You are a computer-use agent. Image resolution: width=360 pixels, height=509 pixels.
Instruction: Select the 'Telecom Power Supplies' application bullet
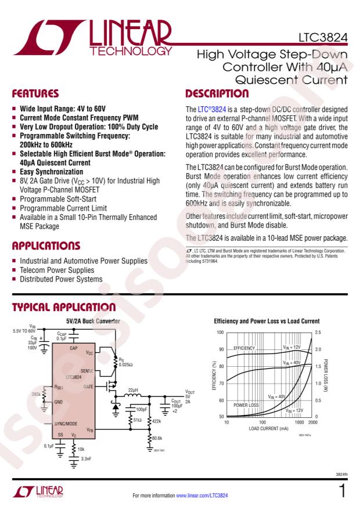point(57,270)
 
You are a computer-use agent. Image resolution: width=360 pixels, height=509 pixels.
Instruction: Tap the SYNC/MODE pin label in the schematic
point(70,424)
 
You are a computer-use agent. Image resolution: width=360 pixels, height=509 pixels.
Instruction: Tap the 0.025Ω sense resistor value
point(125,364)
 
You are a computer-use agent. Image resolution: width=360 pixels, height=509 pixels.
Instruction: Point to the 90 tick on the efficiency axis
point(221,349)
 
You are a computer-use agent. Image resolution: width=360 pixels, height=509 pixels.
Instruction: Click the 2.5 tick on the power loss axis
point(318,333)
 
